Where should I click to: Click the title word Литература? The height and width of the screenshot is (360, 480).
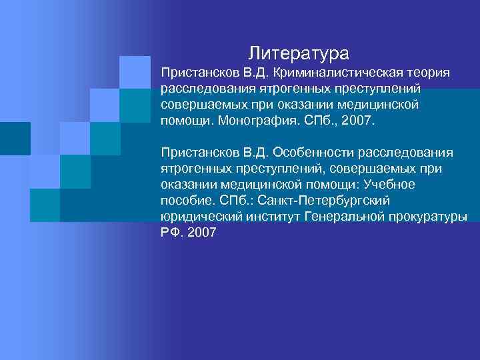pyautogui.click(x=299, y=51)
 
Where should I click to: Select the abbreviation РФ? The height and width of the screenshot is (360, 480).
pyautogui.click(x=171, y=234)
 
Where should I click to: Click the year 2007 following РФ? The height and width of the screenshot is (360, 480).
pyautogui.click(x=201, y=234)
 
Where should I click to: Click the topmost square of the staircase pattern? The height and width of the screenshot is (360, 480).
pyautogui.click(x=135, y=72)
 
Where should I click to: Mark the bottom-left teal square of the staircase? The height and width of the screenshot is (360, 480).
pyautogui.click(x=45, y=205)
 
